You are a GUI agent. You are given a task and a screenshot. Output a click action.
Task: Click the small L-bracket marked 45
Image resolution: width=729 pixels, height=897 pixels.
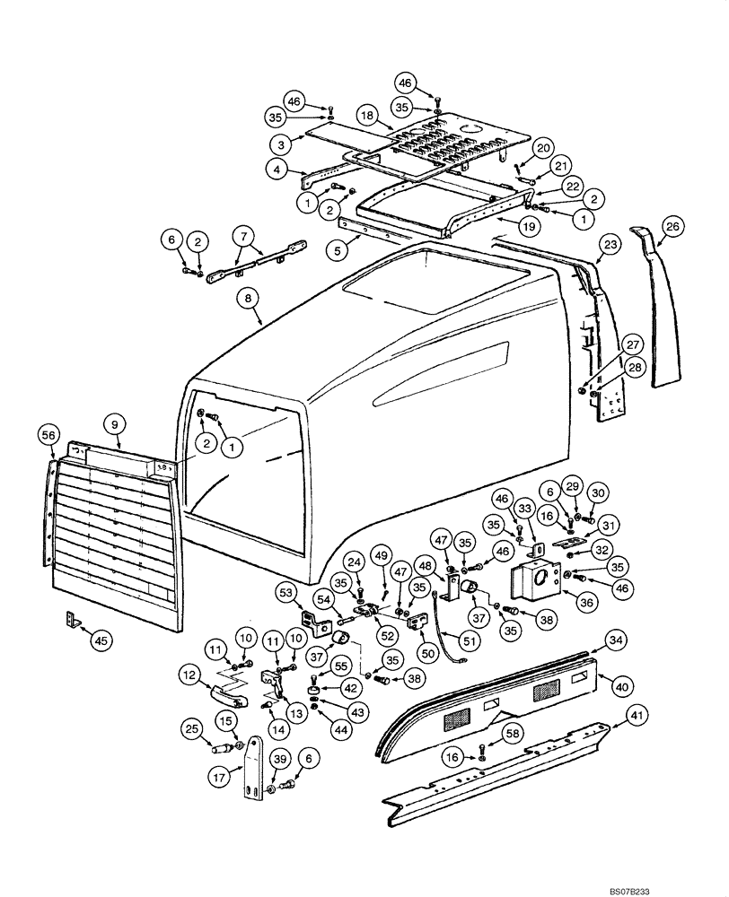pos(69,619)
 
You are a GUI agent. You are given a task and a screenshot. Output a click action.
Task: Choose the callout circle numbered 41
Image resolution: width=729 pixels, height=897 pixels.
pos(637,716)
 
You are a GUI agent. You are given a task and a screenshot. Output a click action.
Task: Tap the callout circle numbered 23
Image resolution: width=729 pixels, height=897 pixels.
pos(611,243)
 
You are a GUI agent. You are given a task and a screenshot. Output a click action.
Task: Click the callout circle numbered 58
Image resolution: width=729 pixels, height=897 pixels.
pos(510,735)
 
